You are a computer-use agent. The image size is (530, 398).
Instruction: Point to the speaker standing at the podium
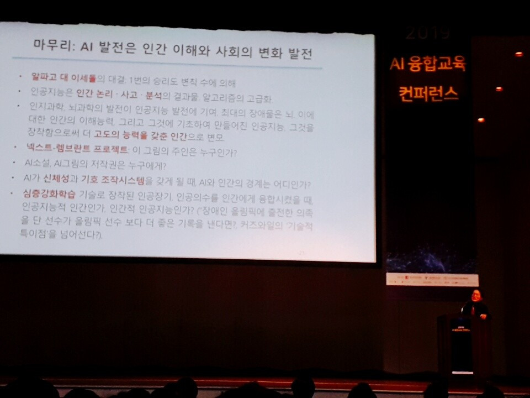[474, 304]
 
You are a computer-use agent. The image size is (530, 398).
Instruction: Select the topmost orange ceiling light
[518, 54]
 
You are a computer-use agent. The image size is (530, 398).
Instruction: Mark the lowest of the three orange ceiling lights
[480, 120]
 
